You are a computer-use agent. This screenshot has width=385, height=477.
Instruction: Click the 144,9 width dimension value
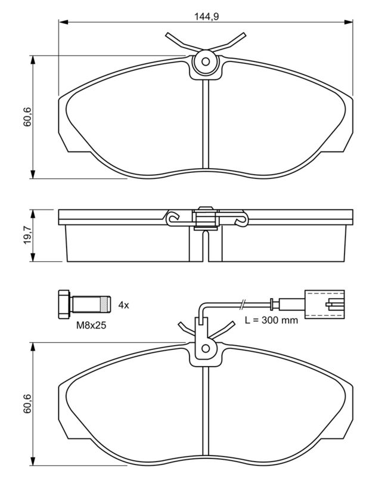pyautogui.click(x=206, y=16)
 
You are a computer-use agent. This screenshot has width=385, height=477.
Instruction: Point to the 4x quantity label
pyautogui.click(x=123, y=305)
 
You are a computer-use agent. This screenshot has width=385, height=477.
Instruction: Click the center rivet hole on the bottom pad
pyautogui.click(x=205, y=347)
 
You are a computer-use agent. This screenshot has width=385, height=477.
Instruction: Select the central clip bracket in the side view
pyautogui.click(x=205, y=218)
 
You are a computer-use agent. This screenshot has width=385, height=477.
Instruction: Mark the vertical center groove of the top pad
pyautogui.click(x=205, y=125)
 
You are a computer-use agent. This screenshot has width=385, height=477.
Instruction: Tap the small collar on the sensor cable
pyautogui.click(x=272, y=304)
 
